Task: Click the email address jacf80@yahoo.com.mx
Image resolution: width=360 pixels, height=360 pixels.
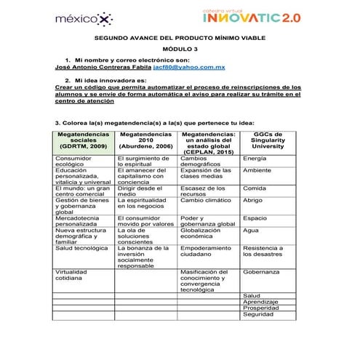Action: click(x=195, y=65)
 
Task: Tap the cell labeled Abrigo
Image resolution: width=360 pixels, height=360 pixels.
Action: click(x=253, y=199)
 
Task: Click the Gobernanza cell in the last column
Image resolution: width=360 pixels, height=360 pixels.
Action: click(x=262, y=271)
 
